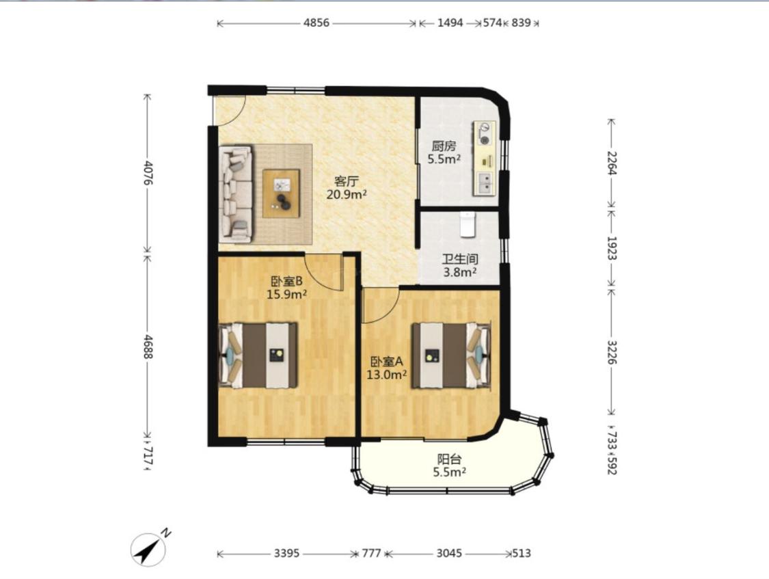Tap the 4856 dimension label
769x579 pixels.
tap(316, 23)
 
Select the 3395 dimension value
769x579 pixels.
tap(287, 554)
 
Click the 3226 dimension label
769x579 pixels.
tap(612, 352)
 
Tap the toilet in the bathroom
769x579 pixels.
tap(468, 224)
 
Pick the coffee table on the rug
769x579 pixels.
tap(281, 193)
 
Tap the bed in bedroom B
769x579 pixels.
tap(258, 355)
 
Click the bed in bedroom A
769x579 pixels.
tap(450, 355)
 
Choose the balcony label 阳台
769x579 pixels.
tap(449, 459)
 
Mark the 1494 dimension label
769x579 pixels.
tap(450, 23)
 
